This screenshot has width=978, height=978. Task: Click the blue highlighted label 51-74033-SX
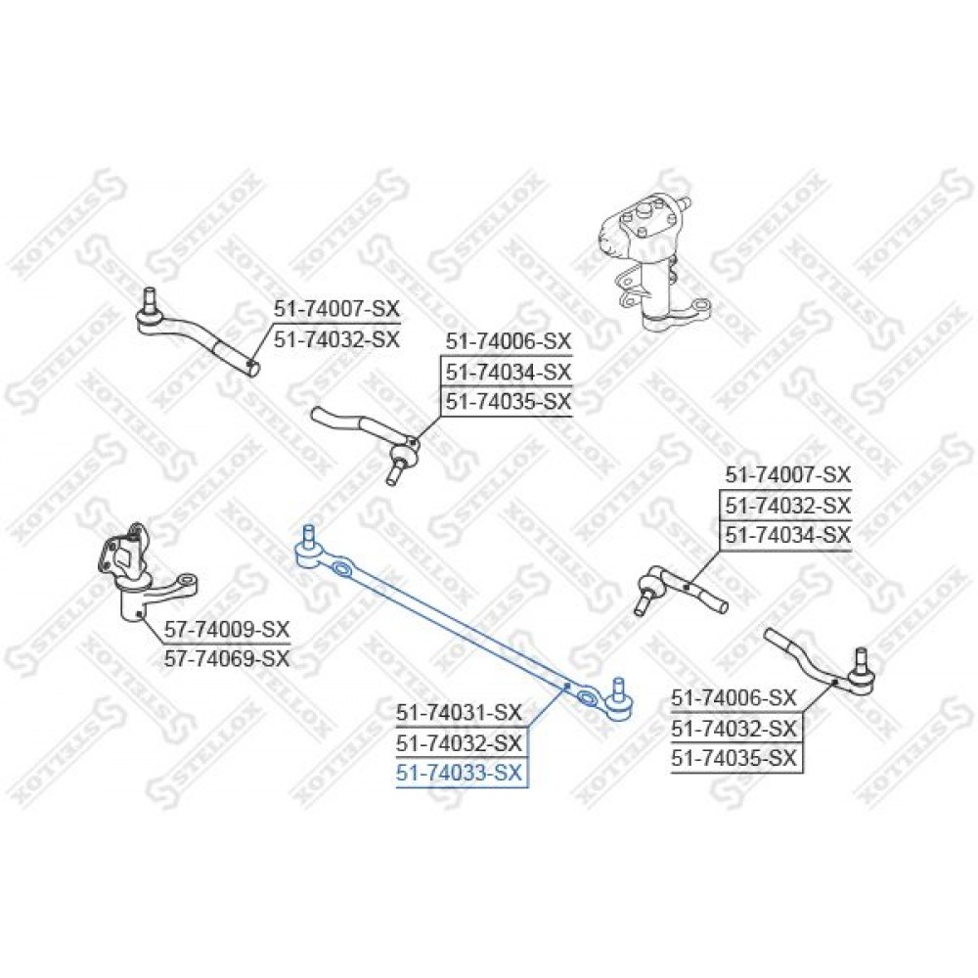click(459, 774)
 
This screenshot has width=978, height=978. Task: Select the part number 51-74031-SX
click(459, 712)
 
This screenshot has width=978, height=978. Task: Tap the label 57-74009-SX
click(227, 628)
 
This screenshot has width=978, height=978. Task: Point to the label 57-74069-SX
click(227, 658)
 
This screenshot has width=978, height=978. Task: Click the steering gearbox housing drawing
click(648, 262)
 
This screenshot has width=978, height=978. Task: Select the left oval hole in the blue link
click(340, 567)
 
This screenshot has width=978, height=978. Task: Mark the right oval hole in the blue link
click(586, 697)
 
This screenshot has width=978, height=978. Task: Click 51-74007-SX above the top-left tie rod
click(336, 309)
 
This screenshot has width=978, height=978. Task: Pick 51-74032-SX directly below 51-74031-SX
click(459, 743)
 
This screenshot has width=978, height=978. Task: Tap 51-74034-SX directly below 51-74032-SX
click(787, 535)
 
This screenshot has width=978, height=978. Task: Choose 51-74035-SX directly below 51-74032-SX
click(734, 758)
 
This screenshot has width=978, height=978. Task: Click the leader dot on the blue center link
click(566, 686)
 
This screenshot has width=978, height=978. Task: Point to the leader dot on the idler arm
click(139, 614)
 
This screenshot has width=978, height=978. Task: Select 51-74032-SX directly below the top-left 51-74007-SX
click(336, 340)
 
